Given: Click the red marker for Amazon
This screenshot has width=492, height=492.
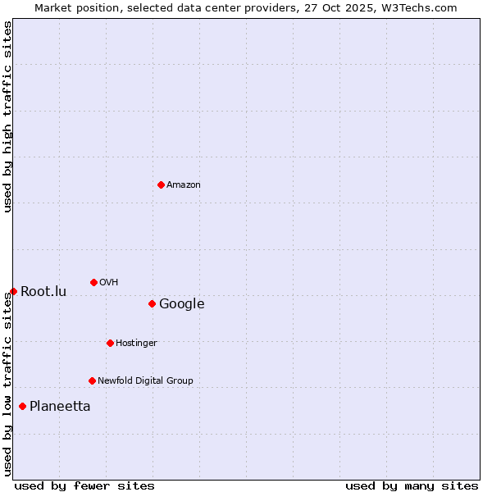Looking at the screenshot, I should coord(161,184).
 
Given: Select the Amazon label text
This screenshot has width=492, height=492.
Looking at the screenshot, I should coord(184,185).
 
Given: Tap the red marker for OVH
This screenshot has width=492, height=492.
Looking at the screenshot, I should coord(93,282).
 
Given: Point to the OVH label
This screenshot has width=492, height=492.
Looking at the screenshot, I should coord(109,283).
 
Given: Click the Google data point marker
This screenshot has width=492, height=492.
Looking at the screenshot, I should coord(152,303).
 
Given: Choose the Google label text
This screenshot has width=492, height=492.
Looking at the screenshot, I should coord(182,304).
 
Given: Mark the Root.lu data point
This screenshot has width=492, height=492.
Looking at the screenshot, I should coord(13,291).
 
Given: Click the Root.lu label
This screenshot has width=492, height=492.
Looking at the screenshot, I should coord(43,292).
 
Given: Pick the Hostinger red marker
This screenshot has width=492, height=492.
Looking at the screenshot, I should coord(110,343).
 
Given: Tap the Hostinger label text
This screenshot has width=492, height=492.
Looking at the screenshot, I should coord(136,344).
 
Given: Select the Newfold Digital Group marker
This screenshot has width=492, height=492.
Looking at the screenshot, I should coord(92,380).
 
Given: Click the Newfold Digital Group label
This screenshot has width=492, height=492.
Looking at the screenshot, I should coord(145,381).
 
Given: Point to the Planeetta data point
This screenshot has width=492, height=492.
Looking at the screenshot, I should coord(22,406).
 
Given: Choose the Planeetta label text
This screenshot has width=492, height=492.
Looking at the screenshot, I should coord(60,407).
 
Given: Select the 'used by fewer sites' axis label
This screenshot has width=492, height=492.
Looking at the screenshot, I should coord(84,485).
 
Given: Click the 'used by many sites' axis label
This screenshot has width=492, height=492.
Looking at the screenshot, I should coord(412,485).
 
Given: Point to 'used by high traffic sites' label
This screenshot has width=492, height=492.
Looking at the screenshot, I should coord(7,117).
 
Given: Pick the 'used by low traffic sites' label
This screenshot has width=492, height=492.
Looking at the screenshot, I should coord(7,384).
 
